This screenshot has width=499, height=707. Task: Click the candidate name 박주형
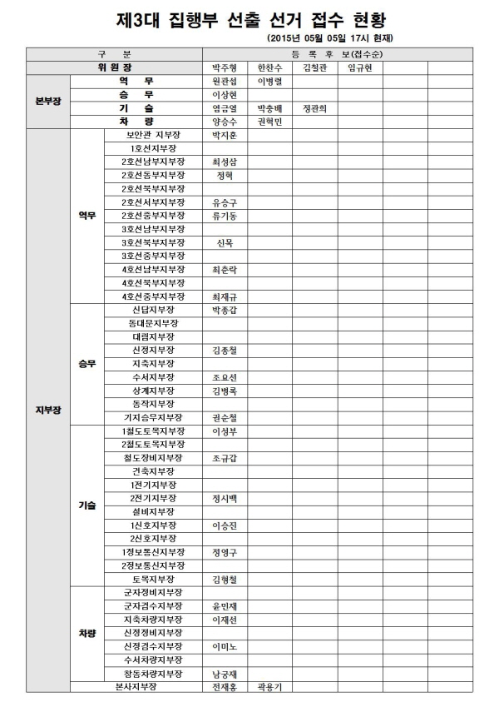tap(225, 67)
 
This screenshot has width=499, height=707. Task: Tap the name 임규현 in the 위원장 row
tap(359, 67)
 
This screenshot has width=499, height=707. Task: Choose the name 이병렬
tap(270, 82)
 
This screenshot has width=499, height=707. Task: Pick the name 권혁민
tap(270, 122)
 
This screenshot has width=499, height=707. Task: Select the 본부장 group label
tap(47, 102)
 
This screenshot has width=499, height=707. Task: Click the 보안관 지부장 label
tap(153, 135)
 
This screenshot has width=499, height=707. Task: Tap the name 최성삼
tap(225, 162)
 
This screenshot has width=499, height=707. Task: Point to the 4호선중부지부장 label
tap(153, 296)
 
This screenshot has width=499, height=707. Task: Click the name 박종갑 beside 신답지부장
tap(225, 310)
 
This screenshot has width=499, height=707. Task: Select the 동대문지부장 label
tap(153, 323)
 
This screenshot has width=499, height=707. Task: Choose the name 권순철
tap(225, 417)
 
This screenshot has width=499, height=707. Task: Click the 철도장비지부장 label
tap(153, 458)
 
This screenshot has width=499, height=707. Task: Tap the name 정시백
tap(225, 498)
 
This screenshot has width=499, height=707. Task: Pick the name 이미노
tap(225, 646)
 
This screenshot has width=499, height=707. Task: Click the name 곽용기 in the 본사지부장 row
tap(270, 687)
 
